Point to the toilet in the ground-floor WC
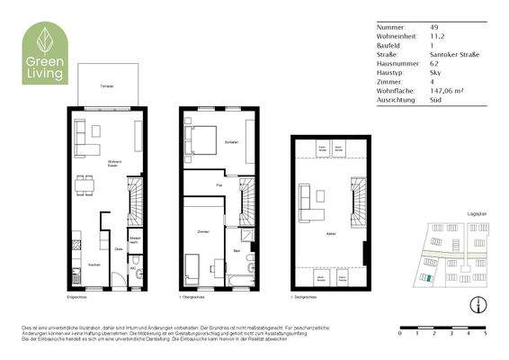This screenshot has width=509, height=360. pos(133,274)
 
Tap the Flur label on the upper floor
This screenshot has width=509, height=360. pos(219,185)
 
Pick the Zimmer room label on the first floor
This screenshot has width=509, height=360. pos(202,232)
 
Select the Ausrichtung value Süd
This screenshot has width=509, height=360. pos(435,101)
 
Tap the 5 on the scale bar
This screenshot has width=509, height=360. pos(486,333)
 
